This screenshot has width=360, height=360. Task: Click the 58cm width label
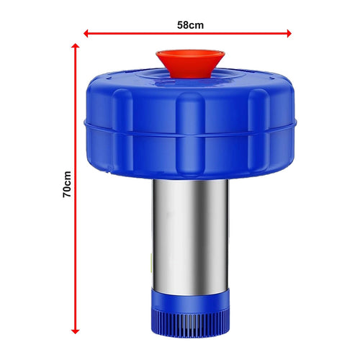pos(189,24)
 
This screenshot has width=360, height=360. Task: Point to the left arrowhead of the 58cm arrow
pos(87,33)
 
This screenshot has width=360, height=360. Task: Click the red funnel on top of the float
pos(189,63)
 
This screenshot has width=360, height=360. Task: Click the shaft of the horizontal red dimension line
pos(144,33)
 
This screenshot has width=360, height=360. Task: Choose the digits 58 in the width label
pos(184,24)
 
